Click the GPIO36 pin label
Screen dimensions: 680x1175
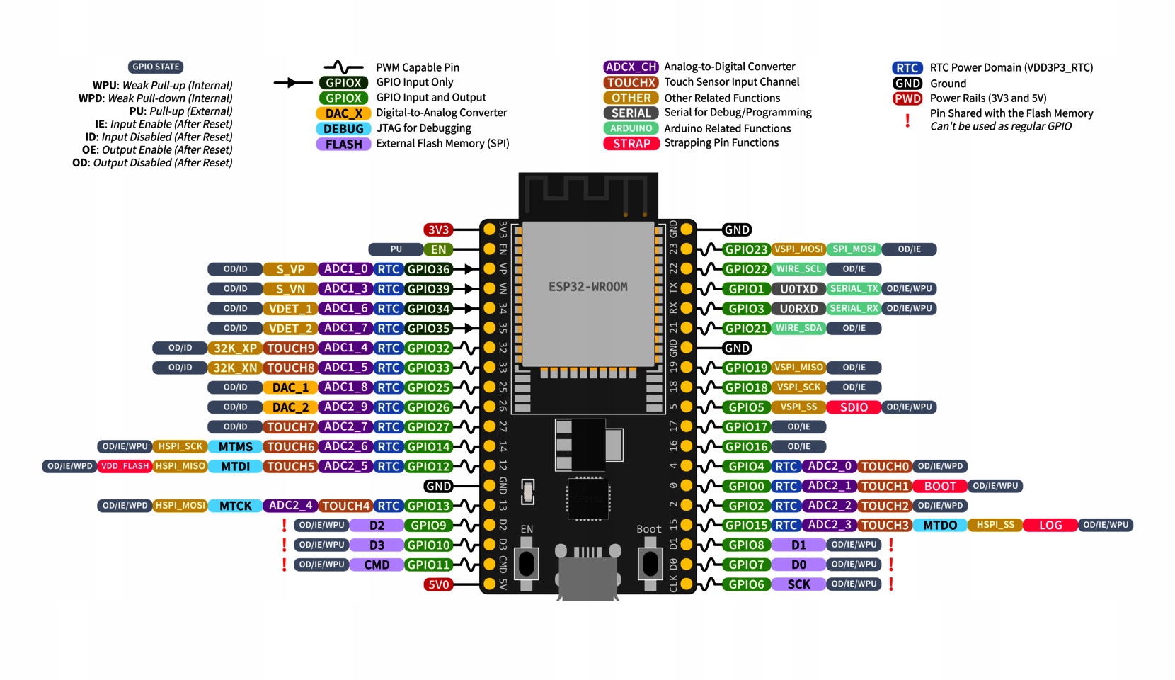click(x=429, y=269)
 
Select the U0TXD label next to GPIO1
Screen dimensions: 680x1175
click(x=798, y=289)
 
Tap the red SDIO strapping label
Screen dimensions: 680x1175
click(x=854, y=407)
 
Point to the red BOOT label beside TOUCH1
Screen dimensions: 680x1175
click(x=940, y=486)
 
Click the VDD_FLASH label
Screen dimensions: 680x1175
click(x=125, y=466)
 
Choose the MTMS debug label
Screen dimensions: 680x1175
click(x=235, y=447)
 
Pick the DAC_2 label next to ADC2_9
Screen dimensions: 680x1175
click(x=290, y=407)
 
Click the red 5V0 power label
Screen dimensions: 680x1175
click(x=438, y=584)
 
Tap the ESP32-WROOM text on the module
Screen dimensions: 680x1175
click(x=587, y=287)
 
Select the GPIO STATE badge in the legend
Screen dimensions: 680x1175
click(x=156, y=67)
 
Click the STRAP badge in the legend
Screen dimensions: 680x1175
click(x=631, y=144)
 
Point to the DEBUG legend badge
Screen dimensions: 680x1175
click(x=343, y=129)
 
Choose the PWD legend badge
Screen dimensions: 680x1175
click(x=907, y=98)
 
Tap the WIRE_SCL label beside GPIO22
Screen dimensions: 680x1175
click(x=798, y=269)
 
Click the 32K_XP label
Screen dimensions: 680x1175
click(x=235, y=348)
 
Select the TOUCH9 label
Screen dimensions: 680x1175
click(x=290, y=348)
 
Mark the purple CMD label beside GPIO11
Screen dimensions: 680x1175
click(x=377, y=565)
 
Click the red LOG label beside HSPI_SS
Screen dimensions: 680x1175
click(x=1050, y=525)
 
